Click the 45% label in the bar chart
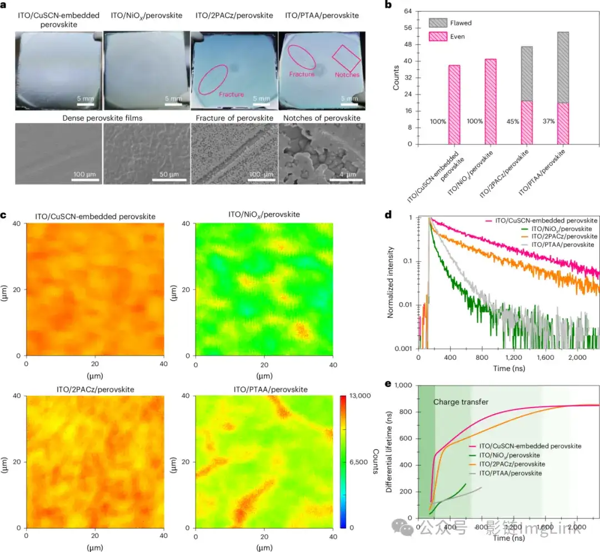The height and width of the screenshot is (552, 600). click(512, 121)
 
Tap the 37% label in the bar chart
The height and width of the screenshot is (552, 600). click(548, 121)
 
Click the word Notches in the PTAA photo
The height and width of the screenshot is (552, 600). click(347, 75)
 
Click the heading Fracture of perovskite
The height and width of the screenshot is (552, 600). click(234, 118)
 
